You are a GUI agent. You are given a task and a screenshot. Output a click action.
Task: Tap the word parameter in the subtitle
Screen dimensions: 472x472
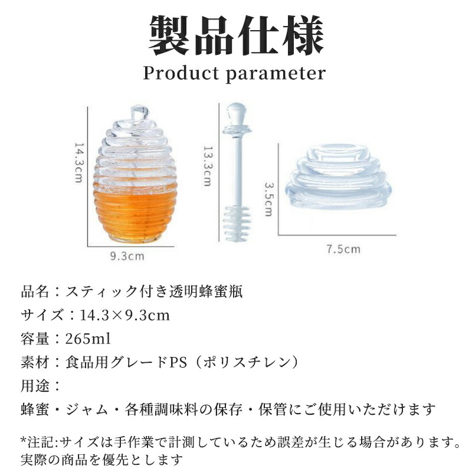click(276, 74)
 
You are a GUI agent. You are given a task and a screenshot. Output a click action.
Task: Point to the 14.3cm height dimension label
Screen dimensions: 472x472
click(79, 163)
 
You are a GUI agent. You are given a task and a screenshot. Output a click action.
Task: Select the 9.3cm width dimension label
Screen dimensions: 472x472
click(127, 257)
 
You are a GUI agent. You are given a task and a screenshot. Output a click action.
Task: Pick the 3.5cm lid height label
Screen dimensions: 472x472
click(268, 199)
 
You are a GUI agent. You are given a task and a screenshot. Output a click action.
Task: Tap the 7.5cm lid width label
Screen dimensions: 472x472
click(343, 249)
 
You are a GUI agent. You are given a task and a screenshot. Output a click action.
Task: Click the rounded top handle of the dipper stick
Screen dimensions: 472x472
click(236, 114)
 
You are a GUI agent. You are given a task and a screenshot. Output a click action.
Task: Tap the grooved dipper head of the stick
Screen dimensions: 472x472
click(237, 224)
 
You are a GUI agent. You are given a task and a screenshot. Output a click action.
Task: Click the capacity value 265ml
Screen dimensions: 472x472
click(88, 339)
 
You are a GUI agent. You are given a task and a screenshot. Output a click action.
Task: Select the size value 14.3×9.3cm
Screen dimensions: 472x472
click(124, 316)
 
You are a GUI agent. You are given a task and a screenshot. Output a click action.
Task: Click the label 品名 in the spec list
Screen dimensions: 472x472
click(35, 291)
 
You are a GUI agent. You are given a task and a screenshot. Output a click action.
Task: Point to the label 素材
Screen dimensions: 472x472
click(35, 362)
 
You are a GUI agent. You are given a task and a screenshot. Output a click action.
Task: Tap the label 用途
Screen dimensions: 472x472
click(35, 386)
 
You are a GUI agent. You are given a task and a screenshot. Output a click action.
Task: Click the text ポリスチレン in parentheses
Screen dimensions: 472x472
click(247, 362)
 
